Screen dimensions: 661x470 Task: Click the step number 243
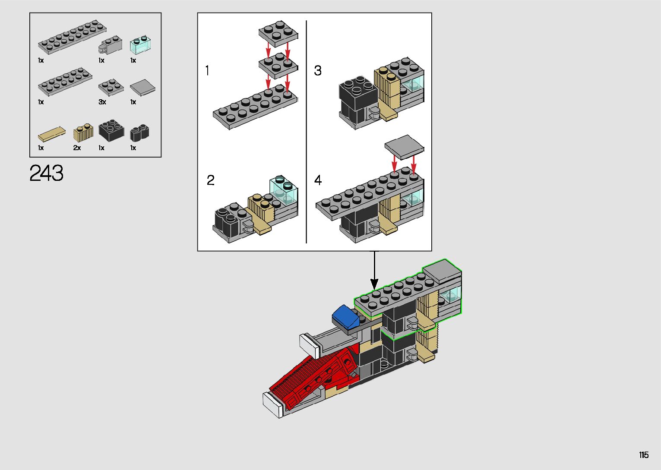pyautogui.click(x=46, y=173)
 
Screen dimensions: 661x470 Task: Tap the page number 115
pyautogui.click(x=644, y=454)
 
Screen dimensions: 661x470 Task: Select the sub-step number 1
pyautogui.click(x=207, y=70)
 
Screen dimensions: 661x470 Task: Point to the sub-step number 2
pyautogui.click(x=210, y=180)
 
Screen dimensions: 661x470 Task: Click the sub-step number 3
pyautogui.click(x=318, y=70)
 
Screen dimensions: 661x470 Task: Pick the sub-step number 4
pyautogui.click(x=318, y=180)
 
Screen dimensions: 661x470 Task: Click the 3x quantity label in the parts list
pyautogui.click(x=102, y=102)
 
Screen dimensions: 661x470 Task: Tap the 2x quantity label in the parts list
pyautogui.click(x=77, y=148)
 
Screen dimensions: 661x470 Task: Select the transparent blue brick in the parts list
pyautogui.click(x=140, y=45)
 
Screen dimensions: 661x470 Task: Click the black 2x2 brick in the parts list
pyautogui.click(x=111, y=130)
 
